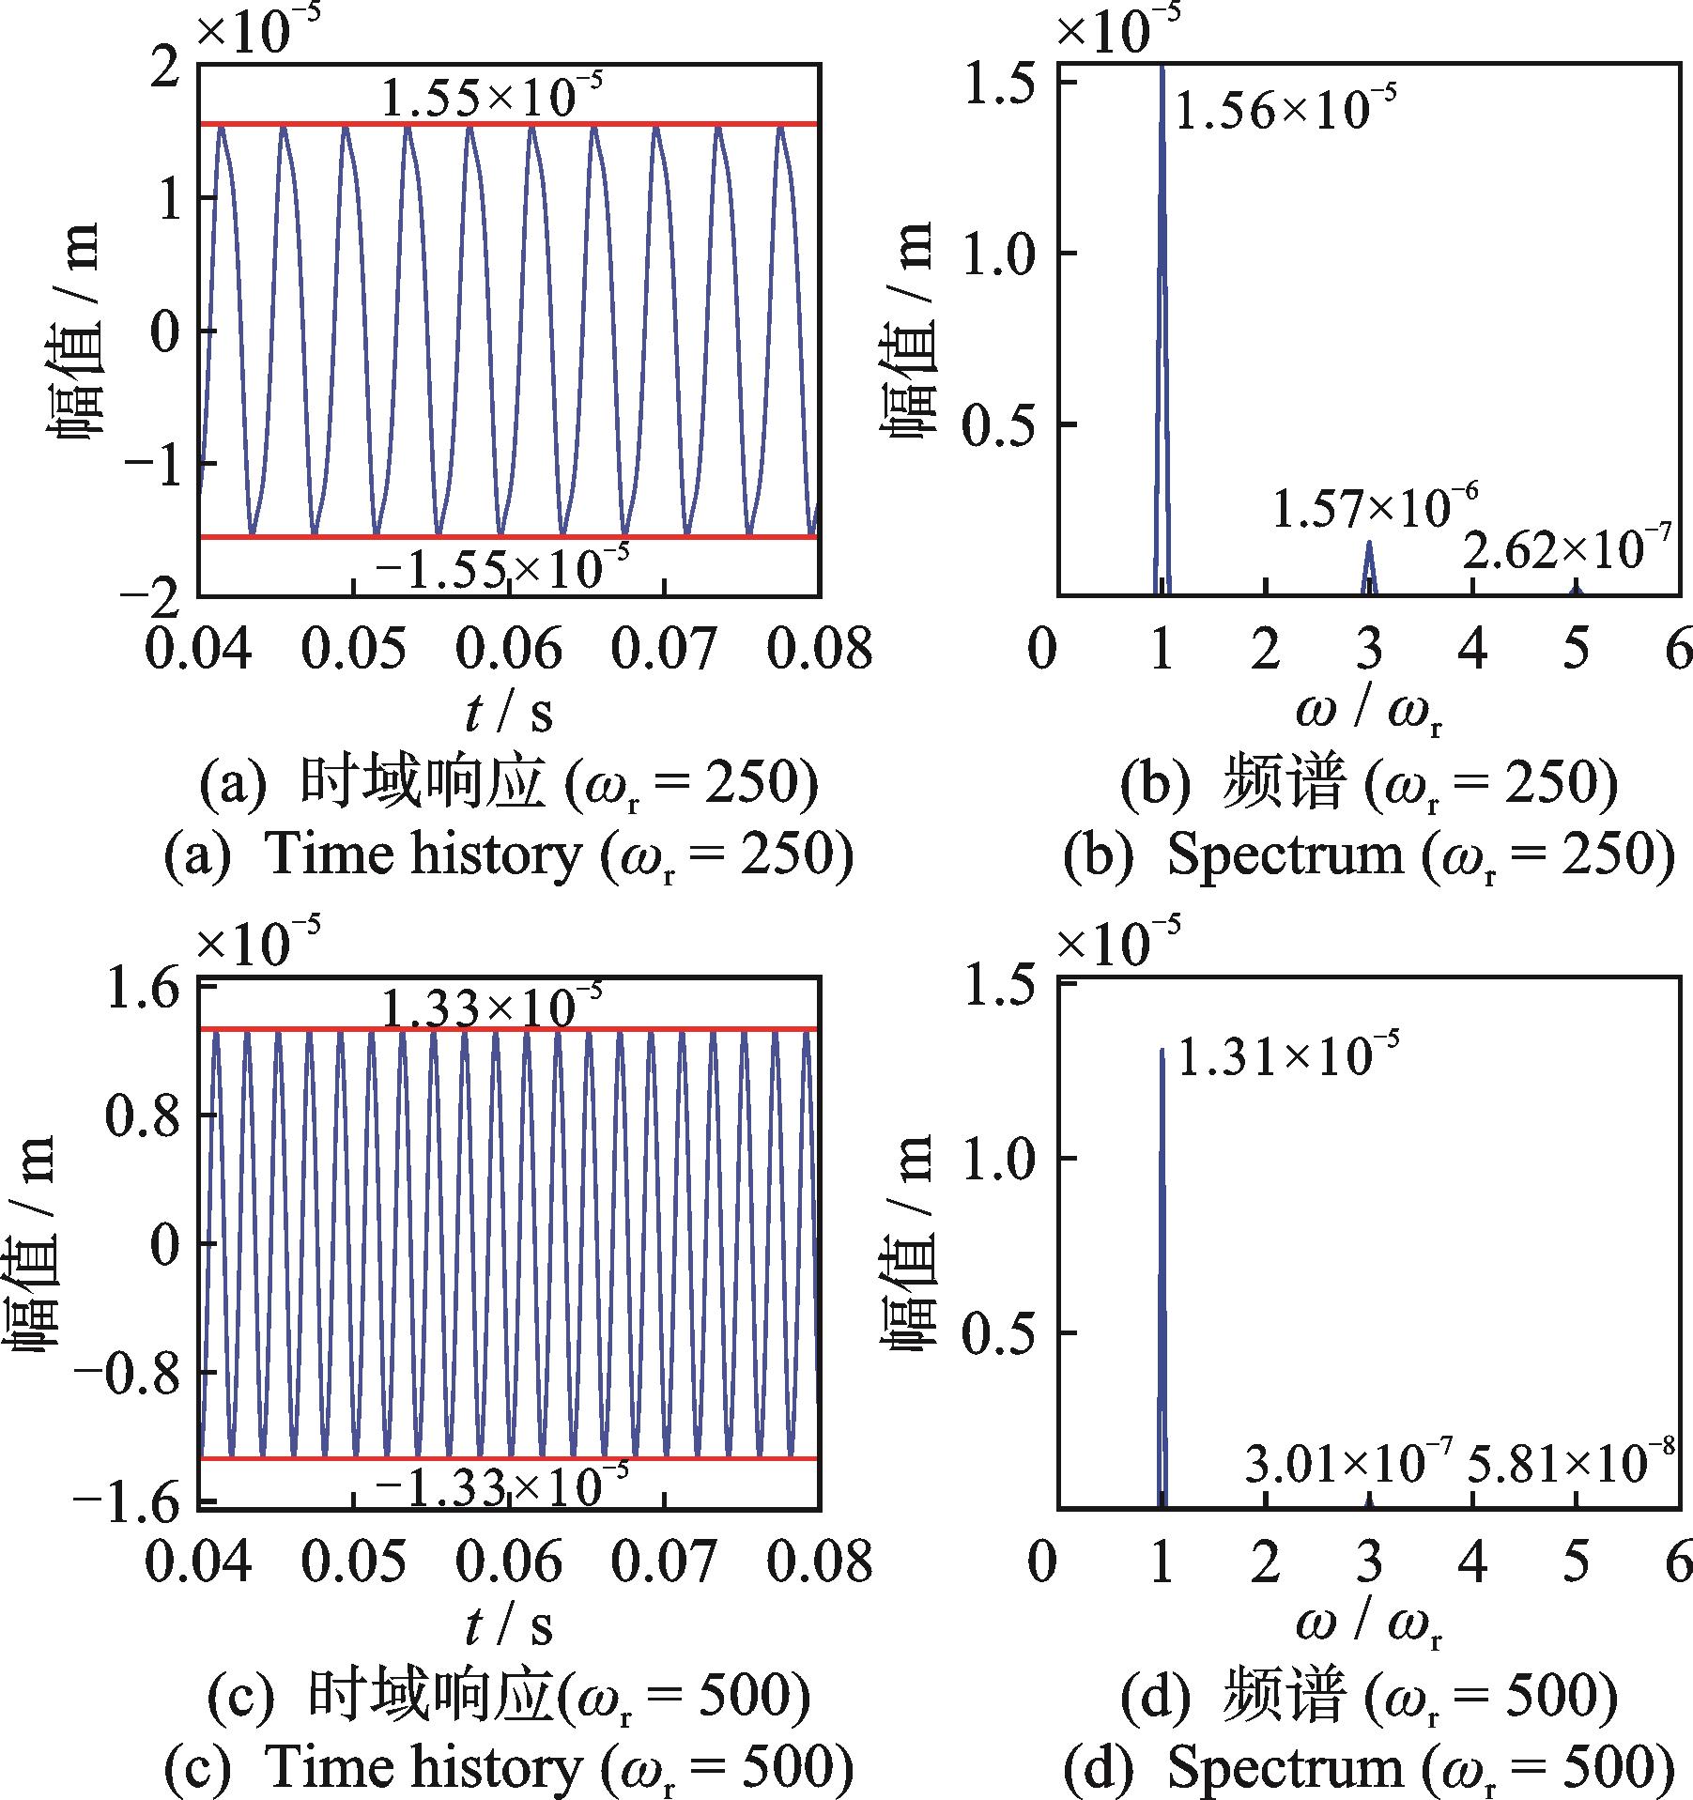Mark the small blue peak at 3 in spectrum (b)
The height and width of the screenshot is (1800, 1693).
tap(1369, 563)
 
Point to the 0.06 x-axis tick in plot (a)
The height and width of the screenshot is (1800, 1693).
tap(509, 648)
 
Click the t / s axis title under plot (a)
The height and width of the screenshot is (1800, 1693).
tap(509, 715)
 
